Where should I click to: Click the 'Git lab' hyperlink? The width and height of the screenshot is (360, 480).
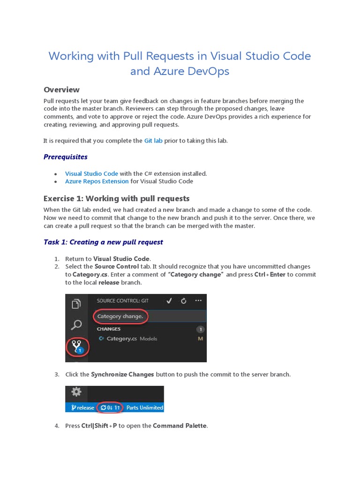(153, 141)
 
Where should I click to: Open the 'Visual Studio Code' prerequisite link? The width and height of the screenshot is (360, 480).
(91, 173)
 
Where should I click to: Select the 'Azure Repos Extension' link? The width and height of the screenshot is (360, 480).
(97, 181)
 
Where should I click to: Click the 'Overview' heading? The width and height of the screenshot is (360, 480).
(61, 90)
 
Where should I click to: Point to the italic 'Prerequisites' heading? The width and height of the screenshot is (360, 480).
(66, 157)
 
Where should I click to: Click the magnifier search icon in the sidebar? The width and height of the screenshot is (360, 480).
(76, 324)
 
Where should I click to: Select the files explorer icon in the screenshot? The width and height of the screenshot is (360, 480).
(76, 304)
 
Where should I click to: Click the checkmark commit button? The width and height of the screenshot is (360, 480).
(169, 300)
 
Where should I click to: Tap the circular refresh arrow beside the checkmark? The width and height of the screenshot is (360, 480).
(184, 300)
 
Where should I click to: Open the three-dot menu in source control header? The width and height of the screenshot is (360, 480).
(199, 300)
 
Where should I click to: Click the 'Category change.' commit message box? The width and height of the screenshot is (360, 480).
(121, 316)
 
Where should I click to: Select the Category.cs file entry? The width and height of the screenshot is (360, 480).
(122, 338)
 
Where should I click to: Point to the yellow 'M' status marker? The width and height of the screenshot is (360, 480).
(200, 338)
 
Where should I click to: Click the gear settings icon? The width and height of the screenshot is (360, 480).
(76, 392)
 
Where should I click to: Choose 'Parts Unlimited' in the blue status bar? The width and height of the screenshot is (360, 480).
(144, 407)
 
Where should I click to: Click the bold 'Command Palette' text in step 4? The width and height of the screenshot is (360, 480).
(180, 426)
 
